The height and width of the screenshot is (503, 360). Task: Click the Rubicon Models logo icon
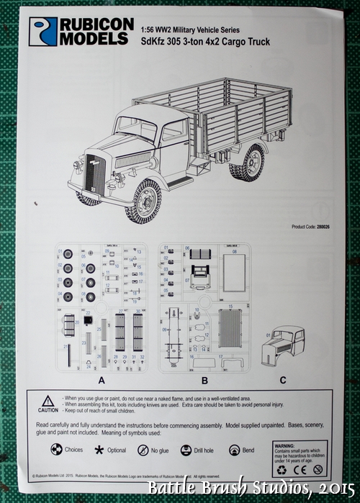(x=42, y=32)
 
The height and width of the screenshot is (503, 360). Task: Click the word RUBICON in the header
(x=96, y=24)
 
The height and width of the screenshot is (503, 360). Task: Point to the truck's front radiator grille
(x=94, y=173)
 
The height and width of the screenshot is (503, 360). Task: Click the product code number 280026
(x=320, y=227)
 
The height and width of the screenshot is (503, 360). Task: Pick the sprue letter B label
(x=204, y=379)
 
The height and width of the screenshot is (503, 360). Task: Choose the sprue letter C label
(x=283, y=379)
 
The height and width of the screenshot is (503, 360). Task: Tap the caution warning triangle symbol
(x=48, y=400)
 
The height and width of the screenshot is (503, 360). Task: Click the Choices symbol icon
(x=55, y=450)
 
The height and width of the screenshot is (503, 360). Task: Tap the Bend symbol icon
(x=234, y=450)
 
